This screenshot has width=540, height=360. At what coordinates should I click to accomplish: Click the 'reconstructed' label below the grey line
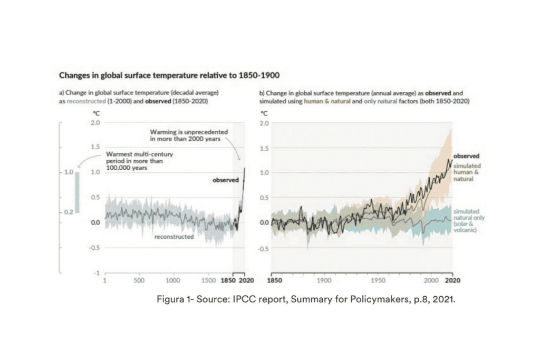(x=173, y=237)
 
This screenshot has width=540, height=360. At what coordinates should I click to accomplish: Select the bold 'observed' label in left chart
(x=226, y=180)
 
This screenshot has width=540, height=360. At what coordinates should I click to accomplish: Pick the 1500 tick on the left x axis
(x=209, y=280)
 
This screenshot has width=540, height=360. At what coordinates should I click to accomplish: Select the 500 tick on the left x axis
(x=139, y=280)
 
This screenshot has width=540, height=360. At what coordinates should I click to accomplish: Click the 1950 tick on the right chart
(x=378, y=280)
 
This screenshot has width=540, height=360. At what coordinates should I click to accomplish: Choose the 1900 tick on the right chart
(x=324, y=280)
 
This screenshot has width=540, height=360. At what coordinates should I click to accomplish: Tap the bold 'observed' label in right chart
(x=466, y=156)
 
